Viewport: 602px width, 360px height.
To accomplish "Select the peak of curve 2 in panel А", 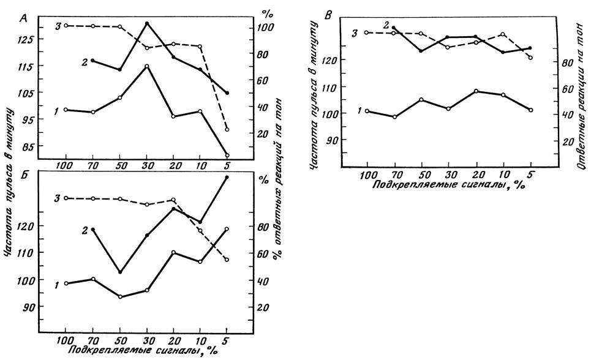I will click(x=147, y=23).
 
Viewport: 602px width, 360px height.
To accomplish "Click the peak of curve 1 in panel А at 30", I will click(x=147, y=66).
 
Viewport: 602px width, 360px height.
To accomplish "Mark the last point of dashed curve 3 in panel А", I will click(x=227, y=129).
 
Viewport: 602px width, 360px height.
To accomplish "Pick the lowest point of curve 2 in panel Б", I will click(x=120, y=272).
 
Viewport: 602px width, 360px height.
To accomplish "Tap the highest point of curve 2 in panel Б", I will click(x=227, y=178).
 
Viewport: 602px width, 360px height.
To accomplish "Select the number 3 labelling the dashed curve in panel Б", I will click(x=56, y=198).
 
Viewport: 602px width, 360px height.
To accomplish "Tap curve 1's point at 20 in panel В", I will click(x=476, y=91).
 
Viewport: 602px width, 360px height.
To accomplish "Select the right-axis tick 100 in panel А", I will click(x=265, y=28).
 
